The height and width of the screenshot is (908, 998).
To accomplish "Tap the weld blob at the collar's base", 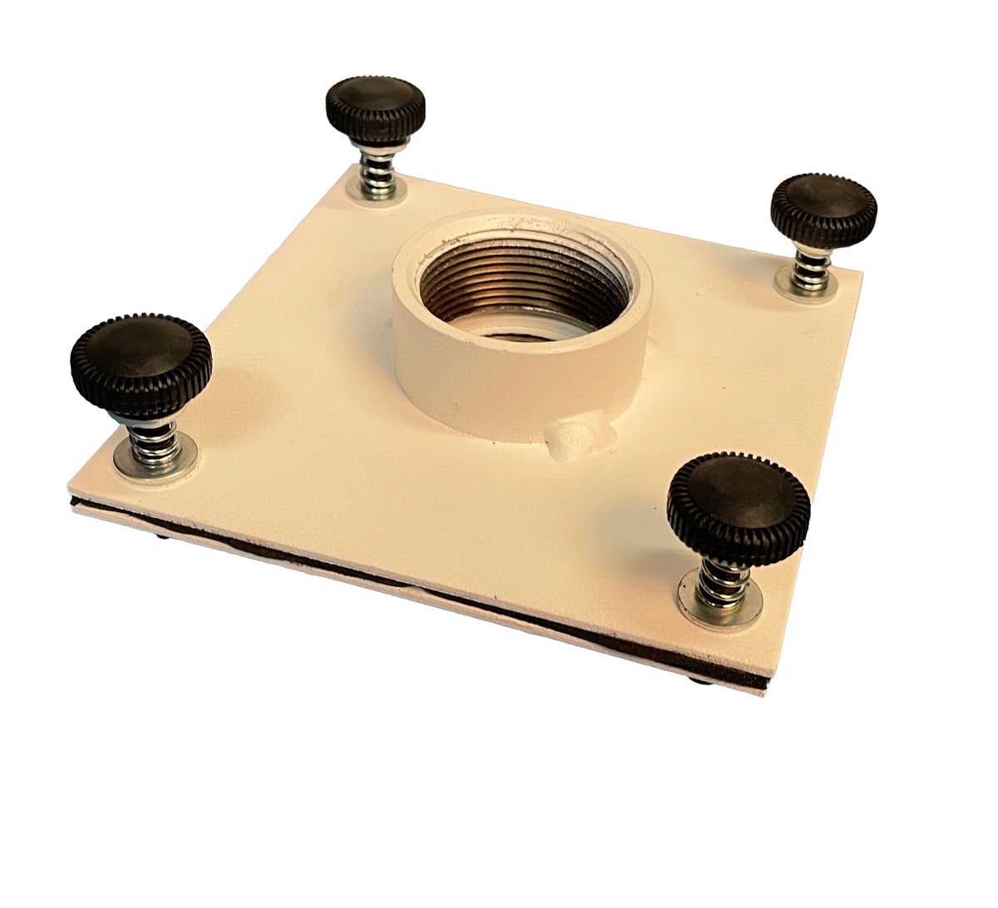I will tap(574, 437).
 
